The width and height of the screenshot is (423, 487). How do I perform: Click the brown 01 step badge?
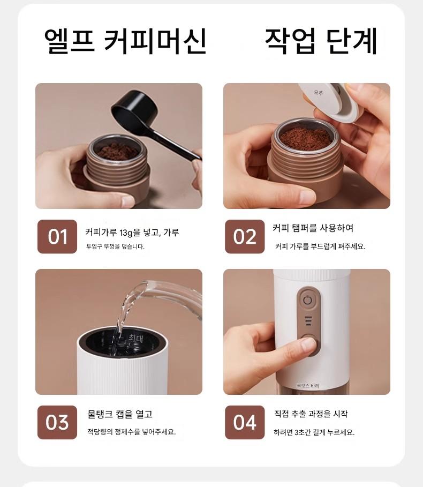click(57, 236)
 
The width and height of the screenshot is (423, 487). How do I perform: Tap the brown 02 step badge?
click(245, 236)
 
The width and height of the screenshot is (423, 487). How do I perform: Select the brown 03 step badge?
click(57, 422)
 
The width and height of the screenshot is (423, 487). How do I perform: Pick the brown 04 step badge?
click(245, 422)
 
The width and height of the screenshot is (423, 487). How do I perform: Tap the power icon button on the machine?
click(307, 300)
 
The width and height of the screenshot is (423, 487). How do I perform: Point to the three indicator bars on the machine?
click(308, 321)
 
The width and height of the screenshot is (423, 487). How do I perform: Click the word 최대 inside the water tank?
click(136, 339)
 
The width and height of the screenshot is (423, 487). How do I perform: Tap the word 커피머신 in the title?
click(155, 41)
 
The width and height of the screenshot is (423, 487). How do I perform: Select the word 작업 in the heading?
click(290, 41)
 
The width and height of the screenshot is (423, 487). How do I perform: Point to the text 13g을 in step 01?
click(130, 233)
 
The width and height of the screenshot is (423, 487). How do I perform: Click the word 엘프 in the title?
click(69, 41)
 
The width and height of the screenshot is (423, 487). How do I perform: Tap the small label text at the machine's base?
click(307, 386)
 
